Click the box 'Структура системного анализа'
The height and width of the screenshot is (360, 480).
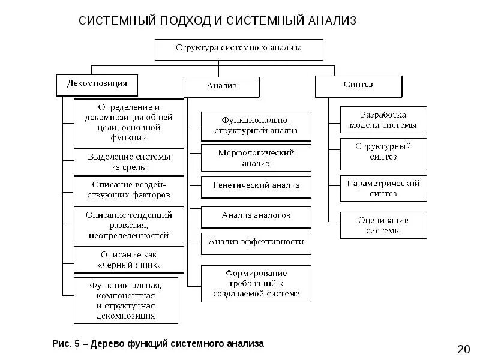point(239,49)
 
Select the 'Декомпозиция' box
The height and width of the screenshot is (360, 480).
point(97,85)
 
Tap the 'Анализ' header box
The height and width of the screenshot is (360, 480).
point(221,86)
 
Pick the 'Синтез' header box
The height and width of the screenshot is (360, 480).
point(358,86)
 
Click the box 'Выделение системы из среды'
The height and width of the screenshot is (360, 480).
point(128,161)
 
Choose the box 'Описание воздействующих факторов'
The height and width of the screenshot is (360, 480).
point(128,188)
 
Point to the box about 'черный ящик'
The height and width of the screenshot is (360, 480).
point(128,259)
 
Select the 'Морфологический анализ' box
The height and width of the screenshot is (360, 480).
point(256,158)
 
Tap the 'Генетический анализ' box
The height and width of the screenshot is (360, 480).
point(256,187)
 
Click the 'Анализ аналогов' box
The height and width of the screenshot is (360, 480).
point(256,217)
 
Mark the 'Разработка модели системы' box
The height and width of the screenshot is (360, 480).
point(383,120)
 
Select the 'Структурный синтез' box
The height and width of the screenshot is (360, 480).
point(383,151)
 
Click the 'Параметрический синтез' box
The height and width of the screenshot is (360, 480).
point(383,188)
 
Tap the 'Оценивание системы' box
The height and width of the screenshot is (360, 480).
point(383,225)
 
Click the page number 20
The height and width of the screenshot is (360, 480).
point(463,349)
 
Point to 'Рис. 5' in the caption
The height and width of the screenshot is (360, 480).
point(65,344)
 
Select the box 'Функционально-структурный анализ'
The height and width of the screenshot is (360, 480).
point(256,126)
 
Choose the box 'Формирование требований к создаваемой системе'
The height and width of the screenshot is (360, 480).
point(256,283)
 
